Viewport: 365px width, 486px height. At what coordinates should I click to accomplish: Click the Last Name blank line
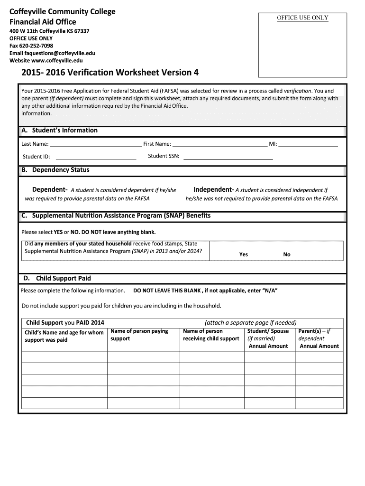(x=95, y=144)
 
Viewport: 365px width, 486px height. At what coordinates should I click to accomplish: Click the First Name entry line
(x=219, y=144)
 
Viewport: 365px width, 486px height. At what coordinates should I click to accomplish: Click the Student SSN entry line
(x=228, y=157)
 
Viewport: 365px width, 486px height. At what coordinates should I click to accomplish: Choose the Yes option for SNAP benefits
(x=244, y=254)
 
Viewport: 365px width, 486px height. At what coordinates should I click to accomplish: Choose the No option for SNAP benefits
(x=287, y=254)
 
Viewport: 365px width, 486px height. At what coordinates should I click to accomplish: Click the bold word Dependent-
(x=50, y=190)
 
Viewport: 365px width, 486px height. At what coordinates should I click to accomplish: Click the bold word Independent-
(x=214, y=190)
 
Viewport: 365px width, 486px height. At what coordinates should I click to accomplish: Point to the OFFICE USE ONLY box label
(x=302, y=18)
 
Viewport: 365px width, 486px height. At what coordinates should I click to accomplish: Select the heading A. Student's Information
(x=59, y=131)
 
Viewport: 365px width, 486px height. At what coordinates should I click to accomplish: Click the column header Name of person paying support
(x=139, y=335)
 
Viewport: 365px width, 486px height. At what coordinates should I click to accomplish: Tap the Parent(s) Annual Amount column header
(x=319, y=338)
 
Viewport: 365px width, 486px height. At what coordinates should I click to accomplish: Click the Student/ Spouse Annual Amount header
(x=268, y=338)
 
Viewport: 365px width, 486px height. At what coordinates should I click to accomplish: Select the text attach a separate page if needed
(x=250, y=323)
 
